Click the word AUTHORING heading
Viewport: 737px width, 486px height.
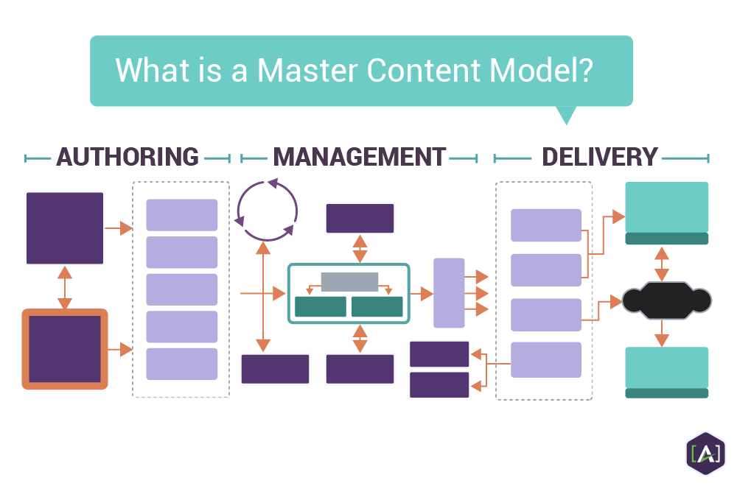point(128,157)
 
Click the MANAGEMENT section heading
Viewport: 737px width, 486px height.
point(360,157)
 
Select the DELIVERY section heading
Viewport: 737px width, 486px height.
point(600,157)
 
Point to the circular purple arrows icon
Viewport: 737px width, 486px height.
point(267,210)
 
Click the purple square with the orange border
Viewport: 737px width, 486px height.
point(65,349)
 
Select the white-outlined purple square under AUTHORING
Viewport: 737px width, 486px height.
point(65,228)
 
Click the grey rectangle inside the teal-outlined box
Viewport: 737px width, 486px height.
point(349,282)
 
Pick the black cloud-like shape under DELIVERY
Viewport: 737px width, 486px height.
point(666,300)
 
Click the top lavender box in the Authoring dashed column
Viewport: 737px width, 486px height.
point(182,215)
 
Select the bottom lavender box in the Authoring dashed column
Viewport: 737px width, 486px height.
point(182,364)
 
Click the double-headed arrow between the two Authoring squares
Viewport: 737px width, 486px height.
point(65,288)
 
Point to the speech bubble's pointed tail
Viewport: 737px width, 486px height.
point(565,116)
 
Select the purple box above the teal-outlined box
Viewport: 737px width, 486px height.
point(360,219)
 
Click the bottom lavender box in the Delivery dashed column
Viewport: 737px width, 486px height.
point(546,359)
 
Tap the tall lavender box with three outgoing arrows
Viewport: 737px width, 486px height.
point(449,293)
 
